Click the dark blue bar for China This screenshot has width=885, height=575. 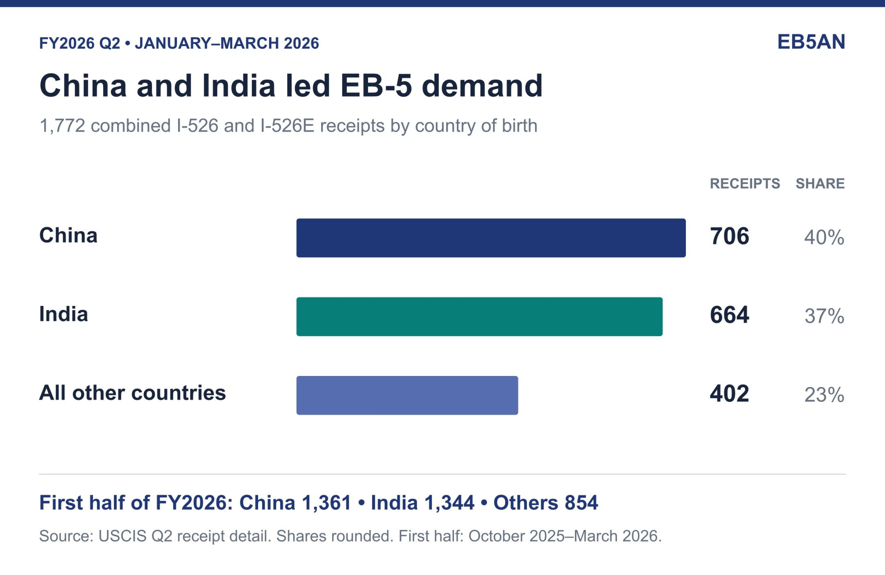[491, 238]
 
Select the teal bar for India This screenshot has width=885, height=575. [479, 317]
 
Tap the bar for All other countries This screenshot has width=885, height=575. [407, 395]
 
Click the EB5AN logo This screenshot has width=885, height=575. [811, 42]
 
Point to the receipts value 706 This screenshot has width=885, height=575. [730, 236]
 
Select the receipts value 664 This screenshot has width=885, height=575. [730, 315]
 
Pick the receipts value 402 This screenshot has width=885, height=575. [730, 394]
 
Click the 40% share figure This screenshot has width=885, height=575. [824, 237]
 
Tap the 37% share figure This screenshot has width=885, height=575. [824, 316]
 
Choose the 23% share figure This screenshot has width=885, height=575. [824, 394]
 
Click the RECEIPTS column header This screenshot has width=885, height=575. [745, 183]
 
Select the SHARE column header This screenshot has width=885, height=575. [820, 183]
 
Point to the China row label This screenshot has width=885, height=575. [68, 235]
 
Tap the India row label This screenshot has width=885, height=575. [64, 314]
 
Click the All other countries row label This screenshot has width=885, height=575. [132, 393]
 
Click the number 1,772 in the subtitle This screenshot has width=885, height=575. [62, 126]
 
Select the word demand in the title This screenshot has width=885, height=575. [482, 86]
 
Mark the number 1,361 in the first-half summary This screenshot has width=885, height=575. [327, 503]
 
